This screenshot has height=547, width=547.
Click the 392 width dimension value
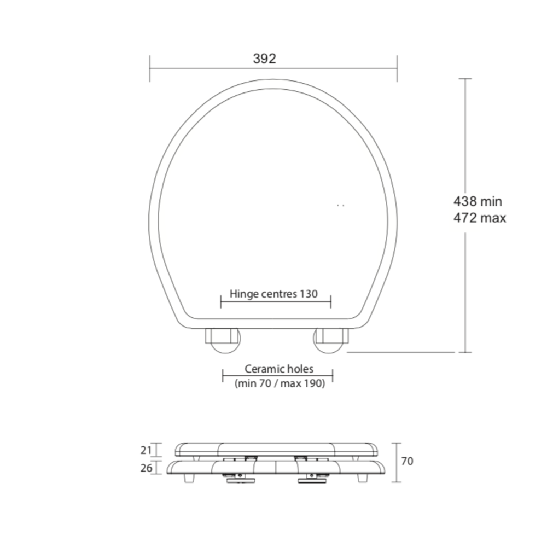[265, 59]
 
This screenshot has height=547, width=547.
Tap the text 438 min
[477, 202]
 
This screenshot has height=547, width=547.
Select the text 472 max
[479, 218]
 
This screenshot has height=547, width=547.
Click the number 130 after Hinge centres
[308, 294]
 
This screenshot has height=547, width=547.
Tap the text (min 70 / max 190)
[280, 383]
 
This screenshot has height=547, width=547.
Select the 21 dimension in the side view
[144, 450]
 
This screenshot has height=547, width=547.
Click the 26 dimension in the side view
[144, 468]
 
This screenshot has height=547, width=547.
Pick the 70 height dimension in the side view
[408, 461]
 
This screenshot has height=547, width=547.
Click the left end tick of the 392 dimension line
[150, 68]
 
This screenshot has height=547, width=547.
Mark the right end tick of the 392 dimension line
[397, 68]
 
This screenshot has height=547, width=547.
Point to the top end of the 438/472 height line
[465, 79]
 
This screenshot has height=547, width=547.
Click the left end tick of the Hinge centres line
[220, 300]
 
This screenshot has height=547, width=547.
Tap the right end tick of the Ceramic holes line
[333, 375]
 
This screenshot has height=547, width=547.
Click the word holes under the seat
[301, 369]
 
